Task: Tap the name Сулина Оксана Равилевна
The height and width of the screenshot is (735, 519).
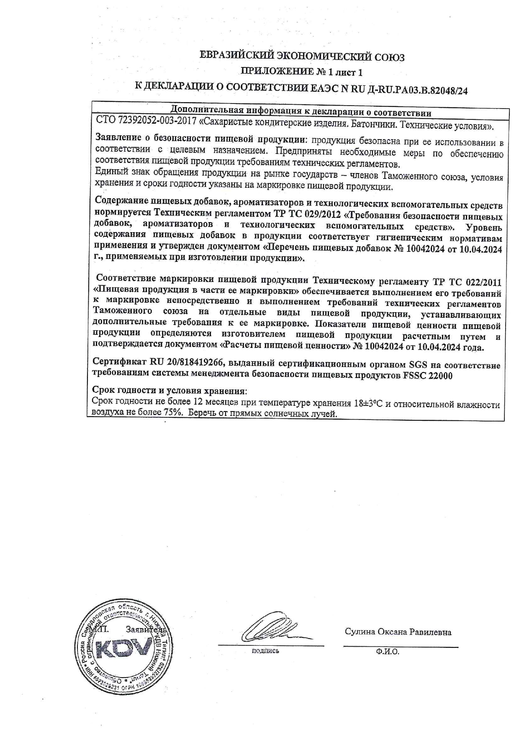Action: [x=398, y=632]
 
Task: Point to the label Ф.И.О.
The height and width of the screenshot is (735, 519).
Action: [x=388, y=652]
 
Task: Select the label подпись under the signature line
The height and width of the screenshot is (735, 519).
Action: [x=265, y=651]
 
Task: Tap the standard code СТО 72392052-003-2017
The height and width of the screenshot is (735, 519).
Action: [x=146, y=124]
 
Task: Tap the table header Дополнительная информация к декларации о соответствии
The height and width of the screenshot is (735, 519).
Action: [x=301, y=112]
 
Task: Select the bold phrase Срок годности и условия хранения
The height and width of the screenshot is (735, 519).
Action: [x=169, y=391]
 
